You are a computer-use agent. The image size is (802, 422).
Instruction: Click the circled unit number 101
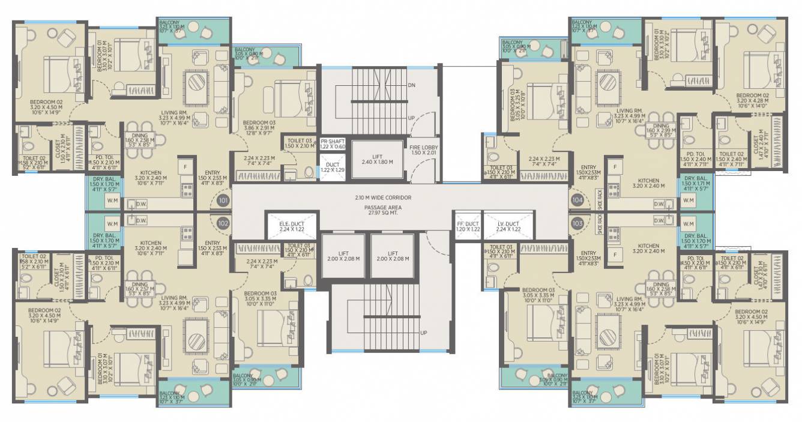(x=223, y=200)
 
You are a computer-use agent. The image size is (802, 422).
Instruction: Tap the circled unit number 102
(x=223, y=222)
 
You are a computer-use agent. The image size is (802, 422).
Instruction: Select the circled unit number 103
(x=578, y=222)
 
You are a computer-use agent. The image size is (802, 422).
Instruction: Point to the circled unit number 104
(x=578, y=200)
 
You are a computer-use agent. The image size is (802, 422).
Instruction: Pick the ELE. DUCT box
(x=292, y=226)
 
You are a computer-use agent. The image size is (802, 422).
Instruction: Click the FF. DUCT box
(x=468, y=226)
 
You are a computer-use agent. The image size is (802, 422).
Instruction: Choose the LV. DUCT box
(x=508, y=226)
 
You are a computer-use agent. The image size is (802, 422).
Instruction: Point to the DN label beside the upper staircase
(x=411, y=86)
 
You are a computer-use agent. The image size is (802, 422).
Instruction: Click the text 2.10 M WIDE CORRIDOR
(x=400, y=197)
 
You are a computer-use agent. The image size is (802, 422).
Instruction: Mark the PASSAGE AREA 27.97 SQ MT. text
(x=400, y=210)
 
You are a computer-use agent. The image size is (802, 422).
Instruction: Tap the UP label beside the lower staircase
(x=424, y=333)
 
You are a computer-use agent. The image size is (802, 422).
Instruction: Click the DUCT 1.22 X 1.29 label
(x=332, y=167)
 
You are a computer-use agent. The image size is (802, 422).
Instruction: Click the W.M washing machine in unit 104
(x=688, y=200)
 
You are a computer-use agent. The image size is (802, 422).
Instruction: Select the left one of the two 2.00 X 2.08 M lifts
(x=343, y=256)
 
